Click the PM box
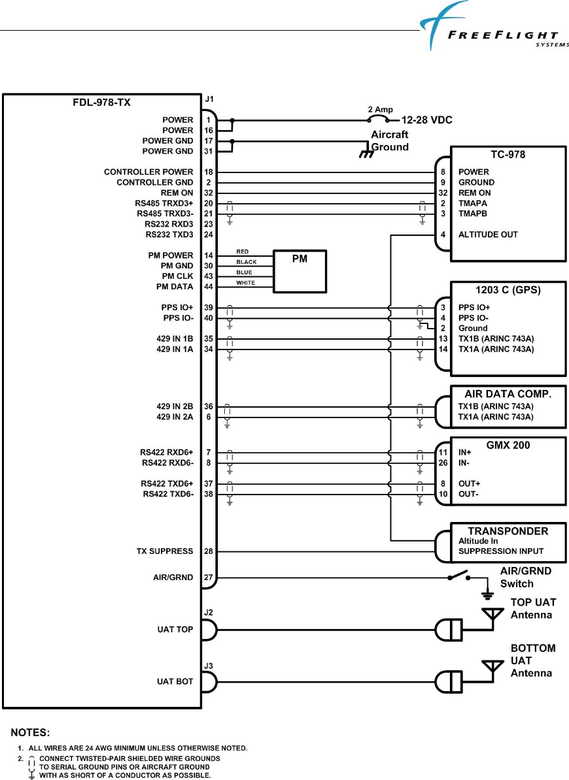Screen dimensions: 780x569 pos(300,270)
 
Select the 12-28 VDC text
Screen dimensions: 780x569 pos(426,120)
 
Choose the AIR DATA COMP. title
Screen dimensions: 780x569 pos(508,394)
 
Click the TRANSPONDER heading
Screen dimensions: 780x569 pos(508,530)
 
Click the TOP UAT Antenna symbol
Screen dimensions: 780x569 pos(492,615)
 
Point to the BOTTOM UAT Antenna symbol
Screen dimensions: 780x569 pos(492,666)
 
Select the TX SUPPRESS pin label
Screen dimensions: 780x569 pos(160,551)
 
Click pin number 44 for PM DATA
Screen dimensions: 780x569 pos(208,287)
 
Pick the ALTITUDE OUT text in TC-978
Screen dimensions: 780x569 pos(488,235)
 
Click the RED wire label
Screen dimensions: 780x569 pos(242,252)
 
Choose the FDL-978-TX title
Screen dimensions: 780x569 pos(102,103)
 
